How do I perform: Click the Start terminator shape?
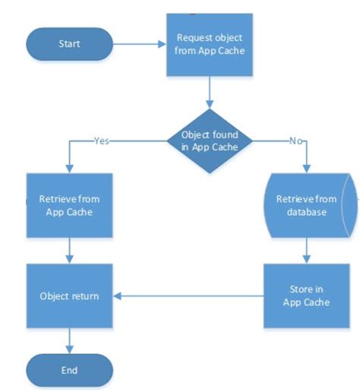[69, 44]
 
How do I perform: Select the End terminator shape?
[69, 370]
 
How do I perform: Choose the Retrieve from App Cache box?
[69, 205]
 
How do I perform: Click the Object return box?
[69, 296]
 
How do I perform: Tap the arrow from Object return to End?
[69, 339]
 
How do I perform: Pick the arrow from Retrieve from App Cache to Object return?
[69, 250]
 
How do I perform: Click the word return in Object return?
[84, 296]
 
